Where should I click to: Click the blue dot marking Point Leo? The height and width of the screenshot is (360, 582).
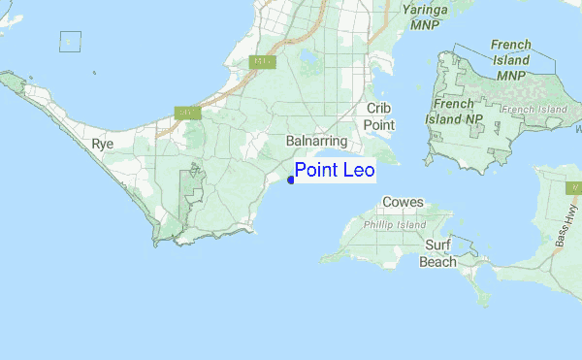tap(291, 180)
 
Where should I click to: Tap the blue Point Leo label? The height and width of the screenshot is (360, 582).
tap(334, 171)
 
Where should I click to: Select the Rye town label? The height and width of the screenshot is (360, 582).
tap(102, 144)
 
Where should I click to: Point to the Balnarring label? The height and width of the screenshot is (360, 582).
tap(317, 141)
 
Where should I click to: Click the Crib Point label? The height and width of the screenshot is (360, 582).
tap(378, 116)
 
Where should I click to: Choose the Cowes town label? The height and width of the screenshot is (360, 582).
tap(403, 202)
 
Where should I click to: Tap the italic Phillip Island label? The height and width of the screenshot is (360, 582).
tap(395, 224)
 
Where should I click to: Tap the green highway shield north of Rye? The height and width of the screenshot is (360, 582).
tap(181, 113)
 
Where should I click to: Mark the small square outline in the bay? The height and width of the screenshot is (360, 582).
tap(70, 41)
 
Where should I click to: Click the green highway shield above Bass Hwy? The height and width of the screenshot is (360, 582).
tap(572, 186)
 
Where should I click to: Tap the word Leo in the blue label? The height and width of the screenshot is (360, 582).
tap(355, 171)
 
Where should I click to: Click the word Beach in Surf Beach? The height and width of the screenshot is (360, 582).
tap(438, 261)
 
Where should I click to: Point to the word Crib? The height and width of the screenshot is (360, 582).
tap(378, 109)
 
